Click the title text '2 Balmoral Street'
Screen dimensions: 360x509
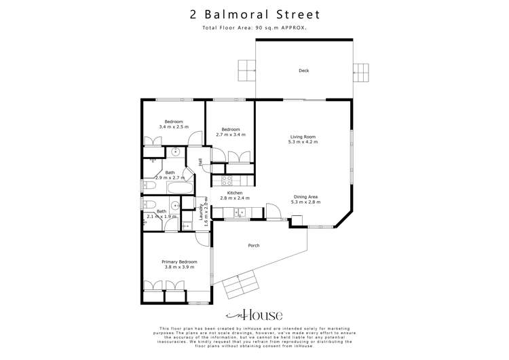254,14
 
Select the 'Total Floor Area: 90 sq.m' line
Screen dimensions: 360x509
254,28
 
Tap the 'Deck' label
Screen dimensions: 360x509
304,70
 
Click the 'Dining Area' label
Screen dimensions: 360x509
304,197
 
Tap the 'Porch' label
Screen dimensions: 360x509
254,245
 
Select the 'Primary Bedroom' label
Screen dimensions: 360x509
179,262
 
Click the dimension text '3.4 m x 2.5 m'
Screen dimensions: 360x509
174,127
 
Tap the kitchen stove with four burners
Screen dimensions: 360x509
227,180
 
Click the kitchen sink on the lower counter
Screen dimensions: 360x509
238,213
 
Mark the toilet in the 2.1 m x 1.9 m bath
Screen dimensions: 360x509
149,204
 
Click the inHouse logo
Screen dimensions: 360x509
254,315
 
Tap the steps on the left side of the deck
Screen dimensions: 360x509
246,69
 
